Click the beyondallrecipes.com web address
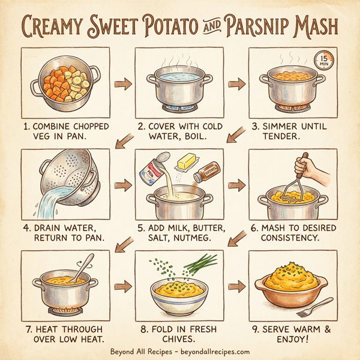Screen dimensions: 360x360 (x=206, y=352)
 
